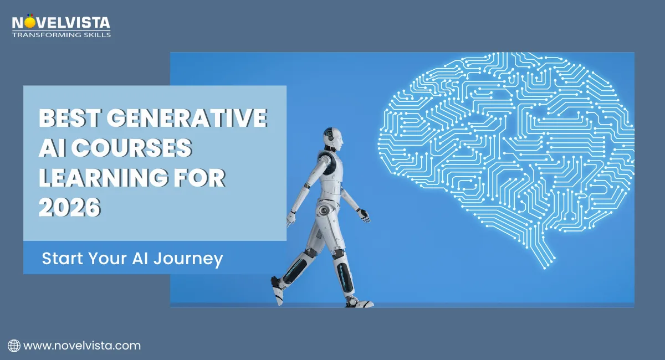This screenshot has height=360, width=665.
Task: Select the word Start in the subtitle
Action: (x=62, y=258)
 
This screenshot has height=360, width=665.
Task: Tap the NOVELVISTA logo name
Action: (x=61, y=23)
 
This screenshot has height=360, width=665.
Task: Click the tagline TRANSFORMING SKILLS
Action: (x=61, y=34)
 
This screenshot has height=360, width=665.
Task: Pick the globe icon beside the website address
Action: (x=14, y=346)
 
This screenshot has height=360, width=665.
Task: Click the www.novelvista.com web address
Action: (x=82, y=346)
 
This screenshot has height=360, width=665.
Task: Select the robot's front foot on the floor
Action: (x=359, y=302)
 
